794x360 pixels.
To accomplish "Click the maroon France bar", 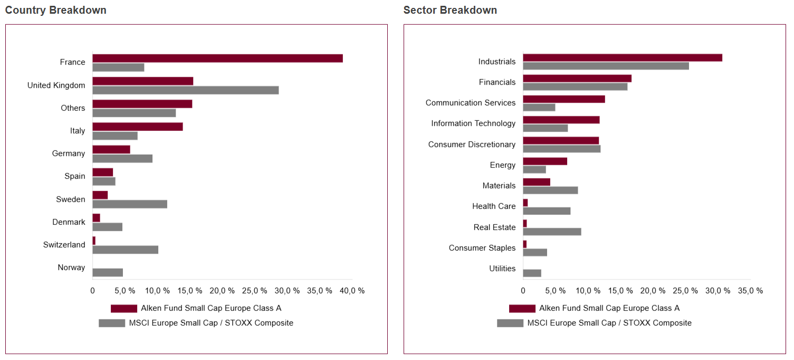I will [x=217, y=58].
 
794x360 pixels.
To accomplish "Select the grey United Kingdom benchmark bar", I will [x=185, y=90].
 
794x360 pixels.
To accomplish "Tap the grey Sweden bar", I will [x=130, y=204].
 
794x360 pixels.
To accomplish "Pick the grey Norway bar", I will [x=108, y=272].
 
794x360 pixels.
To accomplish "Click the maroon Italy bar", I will [x=137, y=127].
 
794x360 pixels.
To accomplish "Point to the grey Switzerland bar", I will [x=125, y=250].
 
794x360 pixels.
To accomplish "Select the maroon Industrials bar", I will [x=623, y=58].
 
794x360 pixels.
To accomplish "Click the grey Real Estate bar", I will [x=552, y=232].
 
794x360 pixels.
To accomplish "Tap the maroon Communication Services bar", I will [x=564, y=99].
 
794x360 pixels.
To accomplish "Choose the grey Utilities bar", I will [x=532, y=273].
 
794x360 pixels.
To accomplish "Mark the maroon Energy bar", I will [x=545, y=161].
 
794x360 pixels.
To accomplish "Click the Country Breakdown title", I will [x=55, y=10].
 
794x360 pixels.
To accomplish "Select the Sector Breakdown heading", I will [x=450, y=10].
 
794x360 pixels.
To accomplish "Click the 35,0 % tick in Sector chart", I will [x=750, y=291].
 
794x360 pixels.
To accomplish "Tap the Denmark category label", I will [x=69, y=222].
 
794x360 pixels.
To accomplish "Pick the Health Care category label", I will [x=494, y=206].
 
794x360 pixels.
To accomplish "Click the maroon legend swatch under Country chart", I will [x=124, y=308].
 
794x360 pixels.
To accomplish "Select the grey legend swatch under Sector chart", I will [x=510, y=323].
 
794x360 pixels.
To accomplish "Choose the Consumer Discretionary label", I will [x=472, y=145].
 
